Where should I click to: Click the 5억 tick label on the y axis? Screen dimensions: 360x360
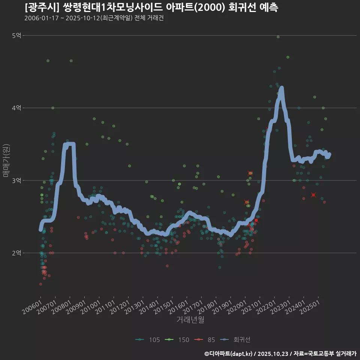click(x=16, y=36)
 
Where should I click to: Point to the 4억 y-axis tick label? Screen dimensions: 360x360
click(x=16, y=108)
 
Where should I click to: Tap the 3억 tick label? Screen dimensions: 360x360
click(x=16, y=180)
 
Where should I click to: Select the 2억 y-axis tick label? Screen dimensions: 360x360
click(x=16, y=253)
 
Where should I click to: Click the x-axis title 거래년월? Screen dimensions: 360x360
click(x=190, y=320)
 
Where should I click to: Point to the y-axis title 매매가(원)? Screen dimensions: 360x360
click(x=6, y=160)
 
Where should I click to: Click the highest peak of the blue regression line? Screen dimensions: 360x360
click(x=281, y=88)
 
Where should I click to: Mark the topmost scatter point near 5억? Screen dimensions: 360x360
click(x=278, y=37)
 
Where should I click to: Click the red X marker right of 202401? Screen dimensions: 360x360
click(x=313, y=195)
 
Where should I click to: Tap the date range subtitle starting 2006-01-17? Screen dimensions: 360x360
click(x=94, y=18)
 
